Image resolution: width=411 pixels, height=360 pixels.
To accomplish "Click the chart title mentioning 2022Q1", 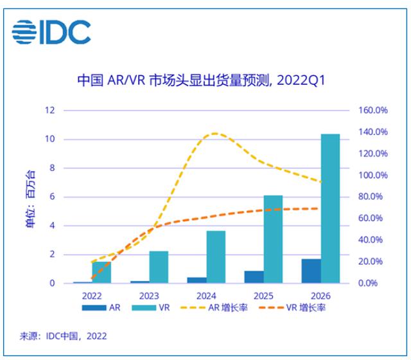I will (x=202, y=82).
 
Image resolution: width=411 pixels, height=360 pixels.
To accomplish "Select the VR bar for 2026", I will (x=330, y=208).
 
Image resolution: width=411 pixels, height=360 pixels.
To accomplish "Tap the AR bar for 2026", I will (x=311, y=271).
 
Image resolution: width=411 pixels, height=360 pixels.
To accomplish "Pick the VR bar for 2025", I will (x=273, y=239).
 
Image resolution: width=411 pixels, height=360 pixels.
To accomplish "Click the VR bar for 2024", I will (x=216, y=256).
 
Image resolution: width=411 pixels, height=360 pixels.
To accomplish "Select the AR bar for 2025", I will (x=254, y=277).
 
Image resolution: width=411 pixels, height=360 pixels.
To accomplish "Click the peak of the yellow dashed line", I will (x=214, y=134).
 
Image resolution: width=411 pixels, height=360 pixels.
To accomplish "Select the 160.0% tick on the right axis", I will (x=372, y=111).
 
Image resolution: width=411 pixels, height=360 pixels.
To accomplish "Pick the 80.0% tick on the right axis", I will (x=372, y=197).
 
